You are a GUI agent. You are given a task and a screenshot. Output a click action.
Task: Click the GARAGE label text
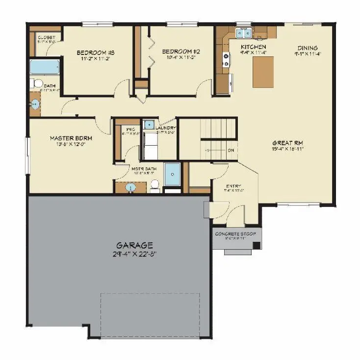click(134, 245)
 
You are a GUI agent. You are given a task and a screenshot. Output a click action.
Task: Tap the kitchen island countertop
click(263, 71)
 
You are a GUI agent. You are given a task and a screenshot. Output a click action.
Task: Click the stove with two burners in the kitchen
click(226, 60)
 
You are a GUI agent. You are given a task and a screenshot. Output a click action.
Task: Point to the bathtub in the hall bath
click(44, 67)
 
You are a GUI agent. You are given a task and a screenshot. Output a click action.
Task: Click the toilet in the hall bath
click(36, 83)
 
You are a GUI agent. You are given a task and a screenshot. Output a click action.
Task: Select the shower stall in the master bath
click(172, 174)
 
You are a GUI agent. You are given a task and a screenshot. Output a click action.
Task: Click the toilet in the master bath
click(154, 185)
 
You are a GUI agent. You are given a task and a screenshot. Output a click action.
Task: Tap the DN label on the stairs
click(231, 150)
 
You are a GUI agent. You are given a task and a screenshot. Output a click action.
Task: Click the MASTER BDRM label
click(71, 138)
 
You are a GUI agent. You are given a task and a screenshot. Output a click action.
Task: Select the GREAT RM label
click(286, 143)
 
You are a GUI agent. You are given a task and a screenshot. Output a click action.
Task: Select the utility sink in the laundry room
click(149, 124)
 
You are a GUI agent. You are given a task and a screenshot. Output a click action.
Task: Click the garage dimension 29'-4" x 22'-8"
click(134, 254)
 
